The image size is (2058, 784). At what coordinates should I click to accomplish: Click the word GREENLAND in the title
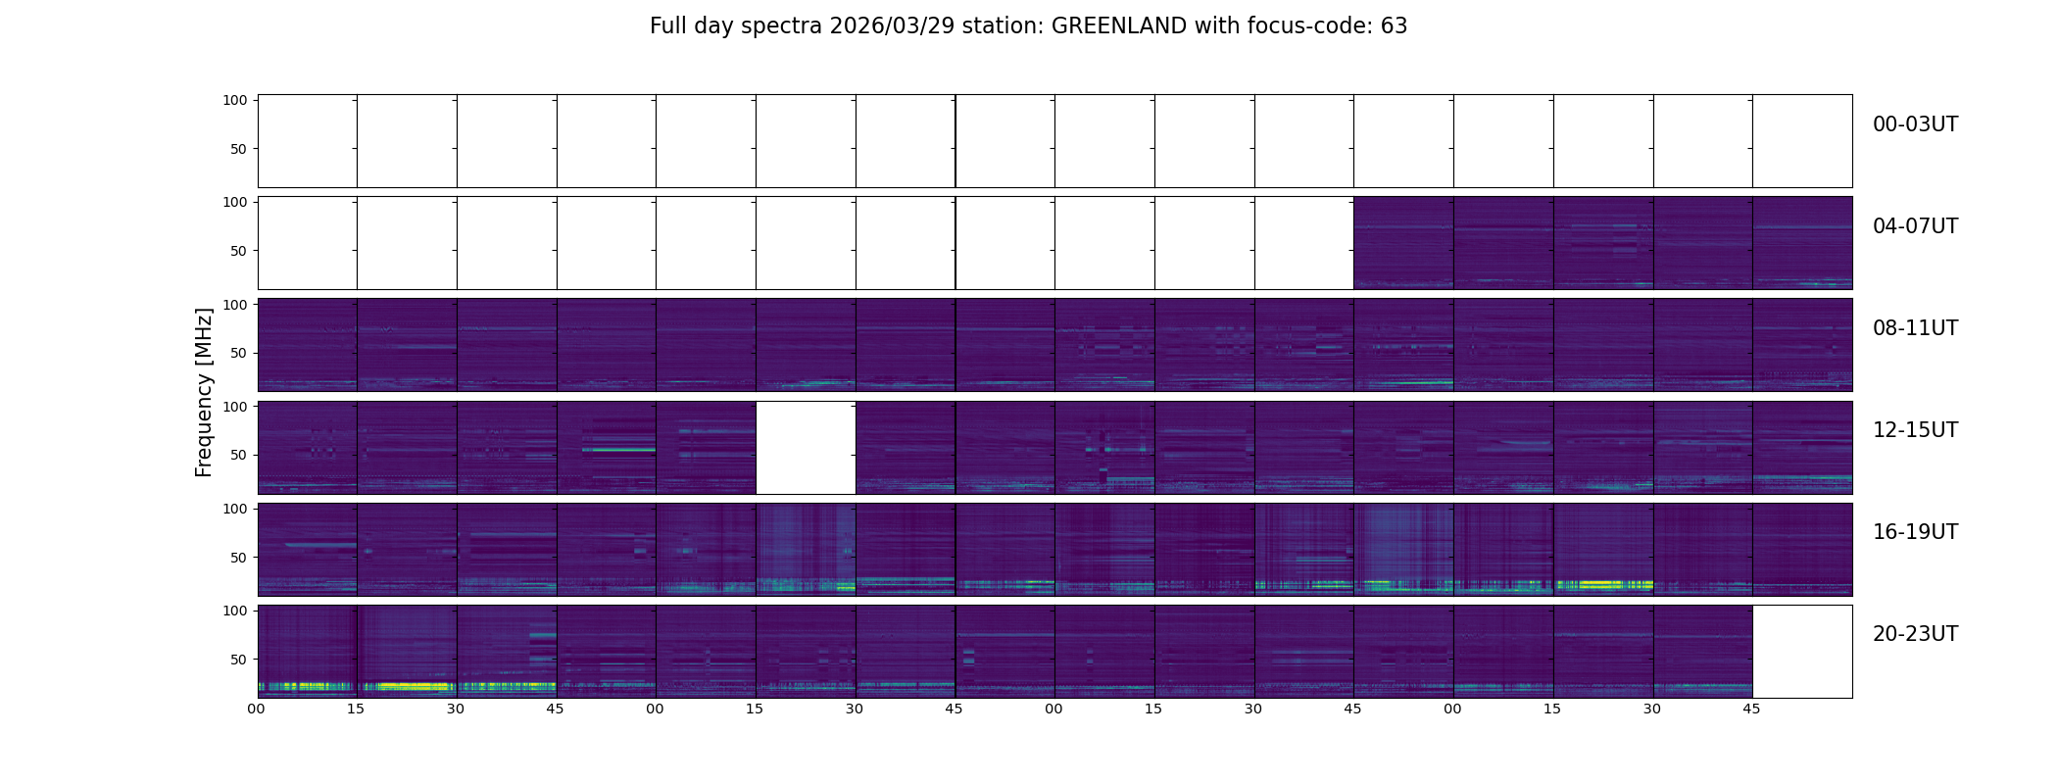coord(1118,26)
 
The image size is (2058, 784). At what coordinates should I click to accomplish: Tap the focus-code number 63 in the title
coord(1394,26)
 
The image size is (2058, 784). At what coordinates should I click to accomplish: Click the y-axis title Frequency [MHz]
coord(204,392)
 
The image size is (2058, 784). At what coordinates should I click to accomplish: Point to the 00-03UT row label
coord(1915,124)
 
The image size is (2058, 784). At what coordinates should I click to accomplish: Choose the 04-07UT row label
coord(1915,226)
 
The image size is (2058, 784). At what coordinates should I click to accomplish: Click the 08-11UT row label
coord(1915,328)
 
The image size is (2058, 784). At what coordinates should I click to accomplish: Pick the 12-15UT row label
coord(1915,430)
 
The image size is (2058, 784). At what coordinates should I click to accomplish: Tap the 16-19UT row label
coord(1915,532)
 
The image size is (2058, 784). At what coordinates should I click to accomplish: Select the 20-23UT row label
coord(1915,634)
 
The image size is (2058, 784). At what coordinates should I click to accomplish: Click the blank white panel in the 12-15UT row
coord(806,447)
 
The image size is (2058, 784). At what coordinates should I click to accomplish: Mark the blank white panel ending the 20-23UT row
coord(1801,651)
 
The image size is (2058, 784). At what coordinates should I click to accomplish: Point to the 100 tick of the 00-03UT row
coord(234,100)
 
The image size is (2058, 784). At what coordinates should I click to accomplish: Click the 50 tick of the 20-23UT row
coord(238,660)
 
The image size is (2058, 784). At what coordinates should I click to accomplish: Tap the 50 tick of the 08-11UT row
coord(238,353)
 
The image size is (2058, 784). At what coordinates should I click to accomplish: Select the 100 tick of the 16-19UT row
coord(234,509)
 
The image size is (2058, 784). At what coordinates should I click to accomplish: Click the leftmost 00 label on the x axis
coord(257,709)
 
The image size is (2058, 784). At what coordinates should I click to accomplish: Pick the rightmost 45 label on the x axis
coord(1751,709)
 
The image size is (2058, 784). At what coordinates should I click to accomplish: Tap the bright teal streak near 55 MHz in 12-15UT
coord(617,450)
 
